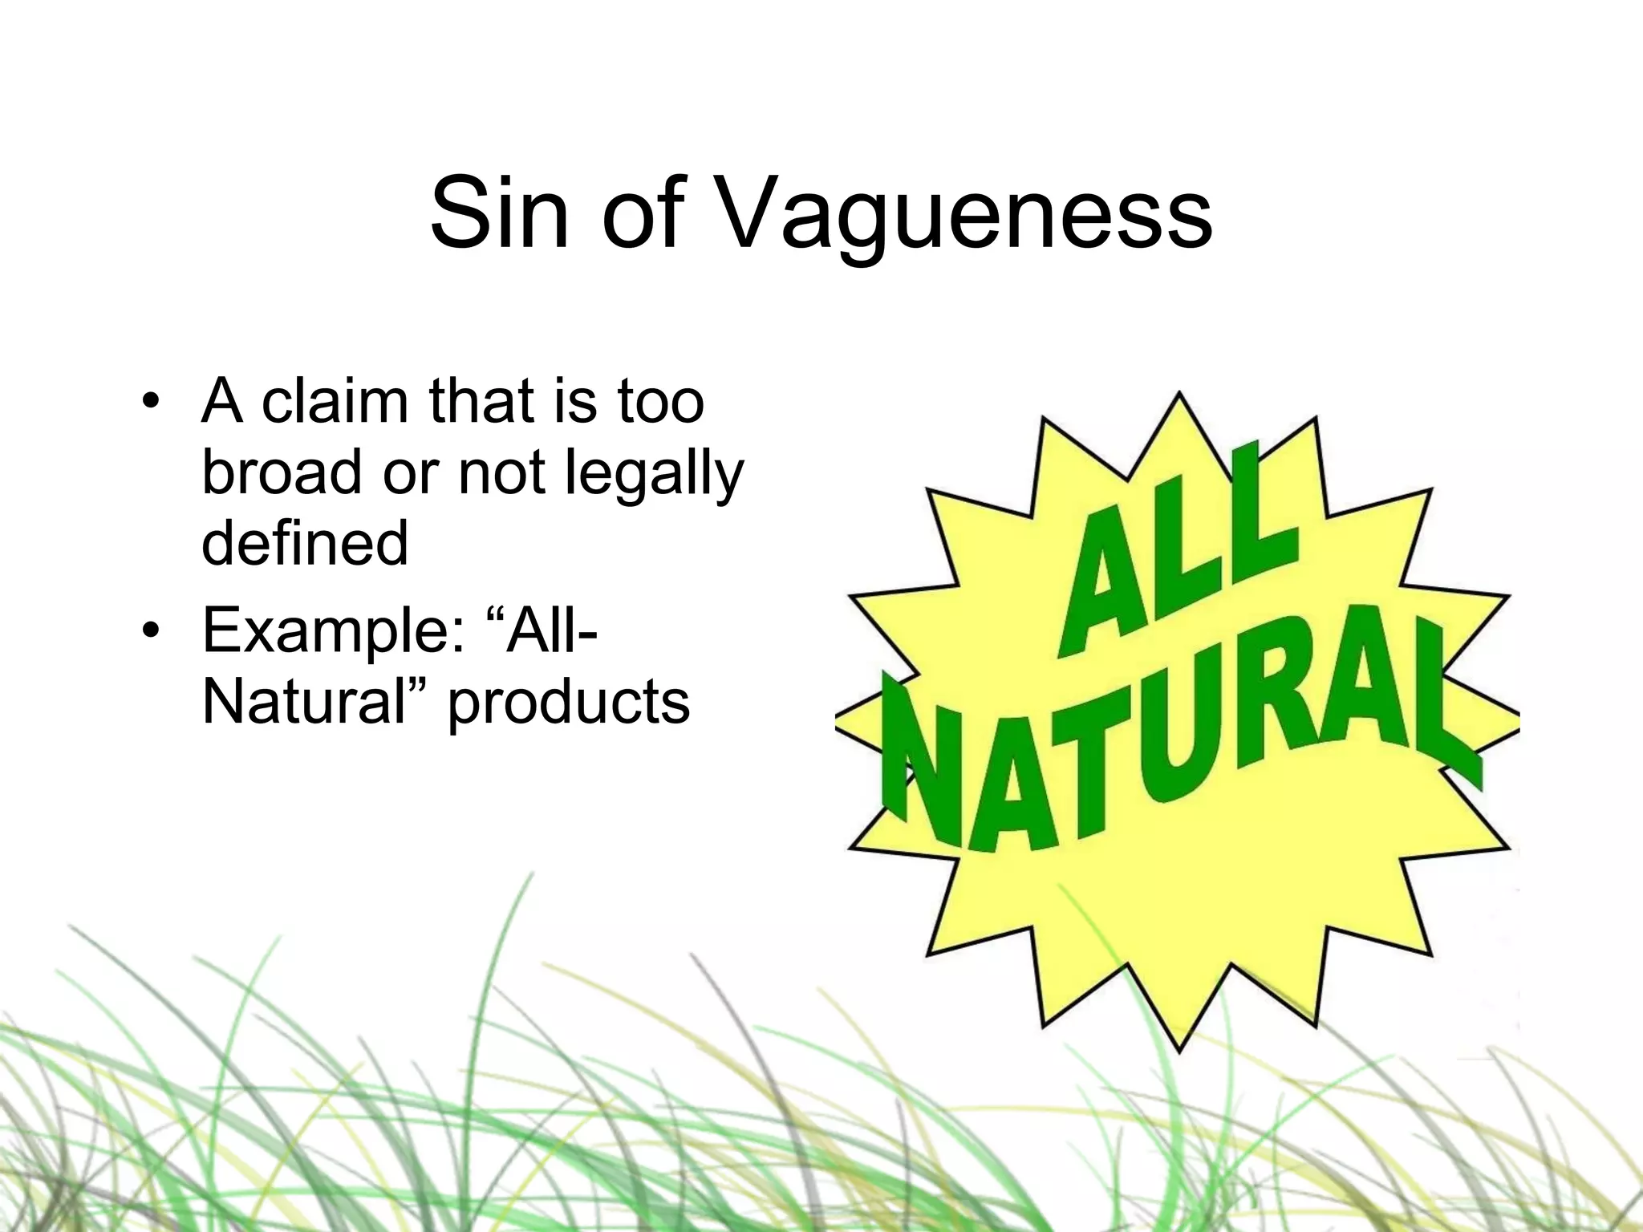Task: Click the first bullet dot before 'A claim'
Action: tap(148, 401)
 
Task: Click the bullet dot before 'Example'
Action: tap(148, 631)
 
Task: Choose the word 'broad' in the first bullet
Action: tap(282, 472)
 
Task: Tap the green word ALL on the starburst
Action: tap(1175, 553)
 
